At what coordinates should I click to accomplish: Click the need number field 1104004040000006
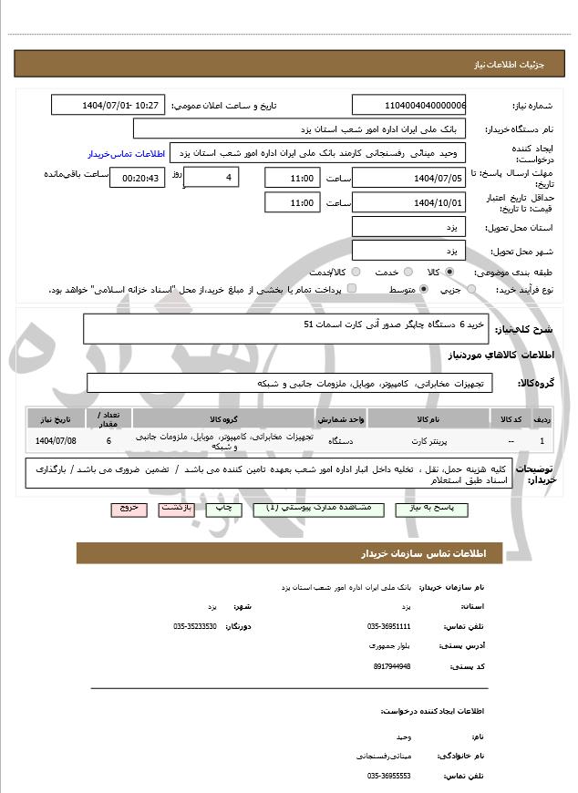pos(409,106)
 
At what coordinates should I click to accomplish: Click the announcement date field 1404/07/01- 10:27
pos(108,106)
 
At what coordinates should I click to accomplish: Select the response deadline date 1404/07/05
pos(409,178)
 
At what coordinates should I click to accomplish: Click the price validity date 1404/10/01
pos(409,202)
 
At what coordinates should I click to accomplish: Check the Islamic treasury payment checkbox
pos(352,289)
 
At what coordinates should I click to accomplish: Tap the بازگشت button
pos(176,508)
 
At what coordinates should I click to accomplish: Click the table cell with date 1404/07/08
pos(56,440)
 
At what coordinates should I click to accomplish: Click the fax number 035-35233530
pos(195,626)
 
